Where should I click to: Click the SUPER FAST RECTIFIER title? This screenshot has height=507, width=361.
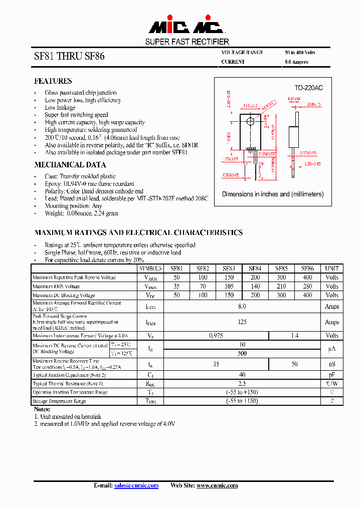[x=187, y=42]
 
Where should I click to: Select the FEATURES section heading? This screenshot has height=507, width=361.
[x=53, y=81]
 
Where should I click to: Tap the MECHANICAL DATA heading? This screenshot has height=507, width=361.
[x=70, y=165]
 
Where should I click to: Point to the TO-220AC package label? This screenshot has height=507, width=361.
[x=308, y=88]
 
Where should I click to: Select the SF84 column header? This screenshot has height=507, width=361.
[x=255, y=269]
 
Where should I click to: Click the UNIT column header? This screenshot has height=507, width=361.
[x=332, y=269]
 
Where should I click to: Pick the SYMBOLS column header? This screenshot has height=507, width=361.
[x=150, y=269]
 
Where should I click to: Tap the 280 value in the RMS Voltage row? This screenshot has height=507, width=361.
[x=307, y=287]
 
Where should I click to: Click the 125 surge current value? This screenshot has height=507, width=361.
[x=242, y=322]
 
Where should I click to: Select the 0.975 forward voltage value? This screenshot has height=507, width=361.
[x=216, y=336]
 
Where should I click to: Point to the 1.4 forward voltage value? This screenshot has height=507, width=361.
[x=295, y=336]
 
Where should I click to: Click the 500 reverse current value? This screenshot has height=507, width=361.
[x=242, y=353]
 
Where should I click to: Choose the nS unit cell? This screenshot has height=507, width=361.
[x=332, y=364]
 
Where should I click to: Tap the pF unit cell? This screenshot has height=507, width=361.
[x=332, y=375]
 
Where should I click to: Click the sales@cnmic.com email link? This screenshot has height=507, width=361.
[x=136, y=485]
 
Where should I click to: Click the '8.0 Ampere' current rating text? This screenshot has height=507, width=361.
[x=296, y=62]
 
